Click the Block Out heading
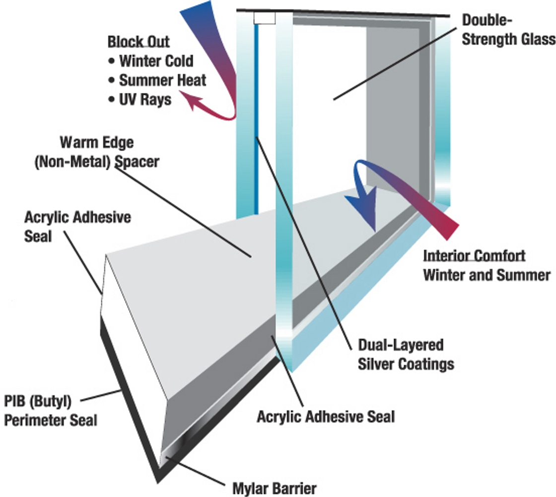[139, 42]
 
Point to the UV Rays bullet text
[145, 99]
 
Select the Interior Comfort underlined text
[474, 256]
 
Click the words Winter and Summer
[486, 275]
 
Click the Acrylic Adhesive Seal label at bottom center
[326, 416]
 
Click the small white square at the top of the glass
[264, 18]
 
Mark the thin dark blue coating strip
[256, 124]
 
